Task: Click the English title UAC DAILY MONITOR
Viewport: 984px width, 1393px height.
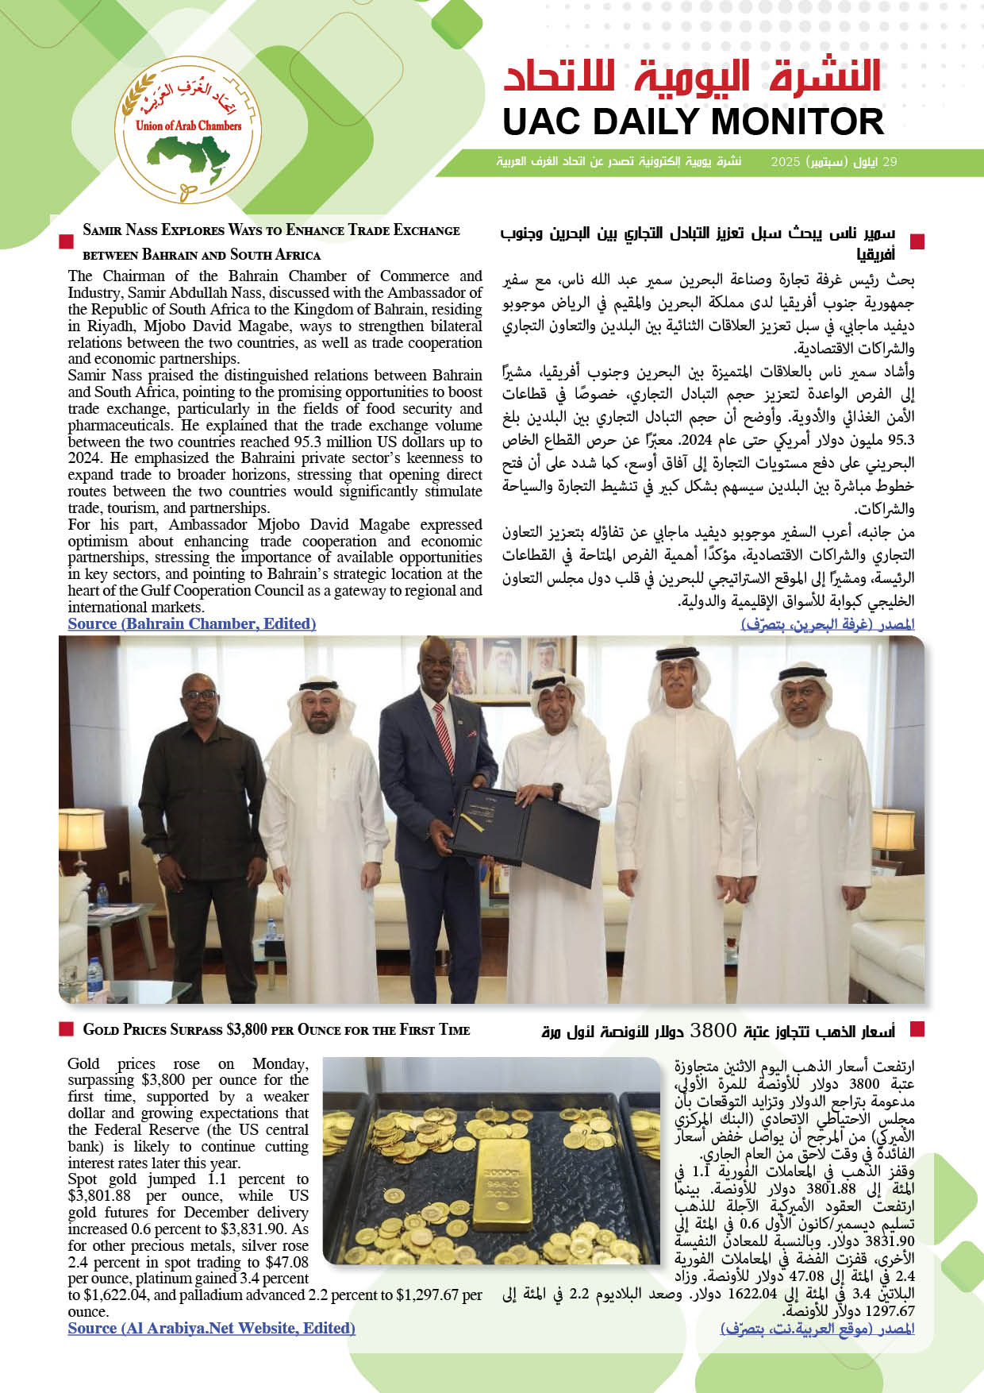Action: [693, 122]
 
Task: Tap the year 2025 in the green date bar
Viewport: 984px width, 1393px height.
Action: [786, 162]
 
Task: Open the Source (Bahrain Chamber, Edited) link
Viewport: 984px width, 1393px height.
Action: [192, 623]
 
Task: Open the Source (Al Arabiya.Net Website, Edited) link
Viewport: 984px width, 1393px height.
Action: [211, 1328]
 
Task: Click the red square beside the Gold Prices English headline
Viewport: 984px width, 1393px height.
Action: [67, 1029]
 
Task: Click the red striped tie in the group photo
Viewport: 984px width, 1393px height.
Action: [444, 735]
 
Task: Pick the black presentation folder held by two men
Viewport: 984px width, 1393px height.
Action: [524, 826]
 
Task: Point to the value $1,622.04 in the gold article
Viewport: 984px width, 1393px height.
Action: [109, 1295]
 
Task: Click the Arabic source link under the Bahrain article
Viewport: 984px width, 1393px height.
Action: [828, 624]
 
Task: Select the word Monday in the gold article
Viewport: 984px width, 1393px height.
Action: [279, 1063]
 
